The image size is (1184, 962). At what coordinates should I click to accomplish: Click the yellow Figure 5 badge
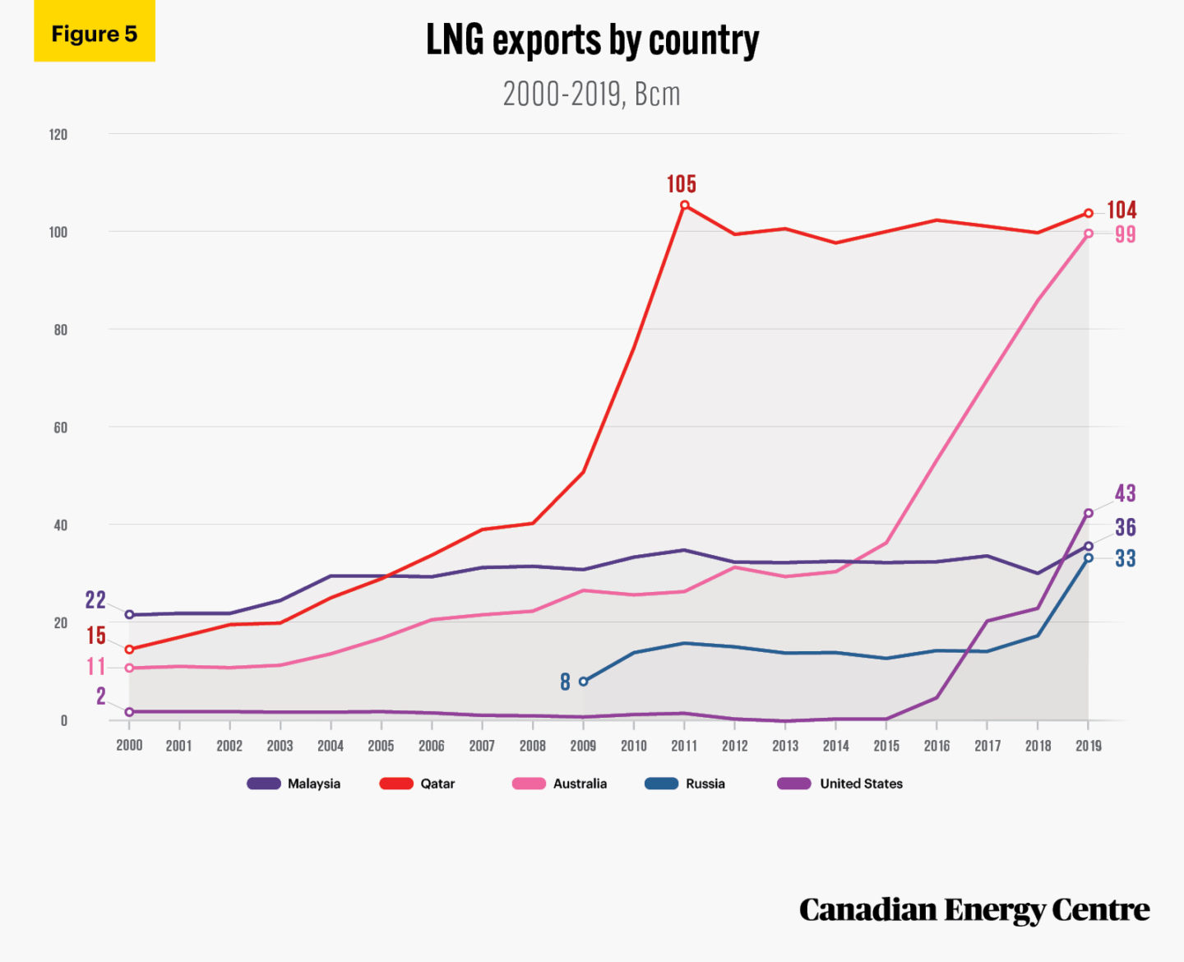click(94, 33)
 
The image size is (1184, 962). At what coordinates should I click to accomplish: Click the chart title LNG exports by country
click(592, 39)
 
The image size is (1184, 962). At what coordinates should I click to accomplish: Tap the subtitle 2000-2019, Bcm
click(591, 95)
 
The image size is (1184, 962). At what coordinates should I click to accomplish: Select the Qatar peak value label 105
click(681, 183)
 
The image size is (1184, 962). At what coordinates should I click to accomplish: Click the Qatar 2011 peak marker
click(684, 206)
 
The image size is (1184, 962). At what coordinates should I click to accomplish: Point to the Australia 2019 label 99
click(1125, 234)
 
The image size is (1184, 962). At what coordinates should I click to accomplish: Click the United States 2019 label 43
click(1125, 493)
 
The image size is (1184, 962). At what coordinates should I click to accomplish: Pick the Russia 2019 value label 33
click(1125, 559)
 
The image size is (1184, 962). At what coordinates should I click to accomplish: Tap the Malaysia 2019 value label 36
click(1125, 527)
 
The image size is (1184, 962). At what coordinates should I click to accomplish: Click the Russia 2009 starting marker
click(583, 682)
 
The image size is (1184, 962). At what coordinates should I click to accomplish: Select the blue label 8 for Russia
click(565, 682)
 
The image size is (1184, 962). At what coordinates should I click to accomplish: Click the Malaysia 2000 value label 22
click(95, 600)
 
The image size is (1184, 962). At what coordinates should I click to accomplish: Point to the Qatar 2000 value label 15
click(95, 636)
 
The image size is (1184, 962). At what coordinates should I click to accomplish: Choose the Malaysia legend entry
click(294, 784)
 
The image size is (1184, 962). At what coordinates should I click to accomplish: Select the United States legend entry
click(840, 784)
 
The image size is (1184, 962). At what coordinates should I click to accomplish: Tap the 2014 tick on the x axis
click(835, 746)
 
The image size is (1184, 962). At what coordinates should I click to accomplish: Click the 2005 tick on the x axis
click(381, 746)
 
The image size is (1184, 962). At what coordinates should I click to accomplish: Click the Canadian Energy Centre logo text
click(974, 910)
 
